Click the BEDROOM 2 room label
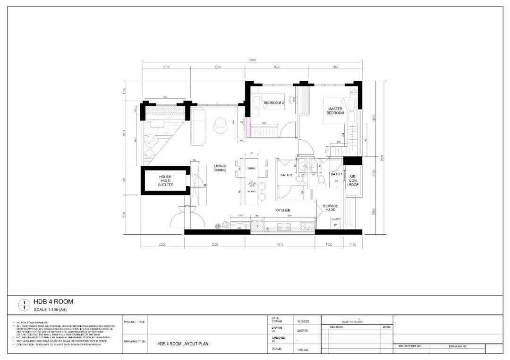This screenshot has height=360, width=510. point(274,103)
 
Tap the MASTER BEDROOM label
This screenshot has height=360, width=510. point(335,111)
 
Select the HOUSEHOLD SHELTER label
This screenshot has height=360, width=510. point(166,180)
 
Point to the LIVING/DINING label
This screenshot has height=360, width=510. point(220,168)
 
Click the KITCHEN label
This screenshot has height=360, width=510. point(283,210)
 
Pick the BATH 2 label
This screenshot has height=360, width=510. point(286,175)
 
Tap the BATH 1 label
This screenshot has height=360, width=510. point(337,174)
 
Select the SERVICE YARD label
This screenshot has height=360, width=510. point(330,208)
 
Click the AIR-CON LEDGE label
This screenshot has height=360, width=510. point(353,180)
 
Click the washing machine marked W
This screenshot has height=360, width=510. point(335,225)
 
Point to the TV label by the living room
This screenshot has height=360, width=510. point(241,122)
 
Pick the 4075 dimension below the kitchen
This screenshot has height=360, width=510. point(280,245)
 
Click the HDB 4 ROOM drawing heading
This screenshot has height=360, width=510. point(53,301)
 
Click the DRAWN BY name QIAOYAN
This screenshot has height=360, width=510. point(302,331)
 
